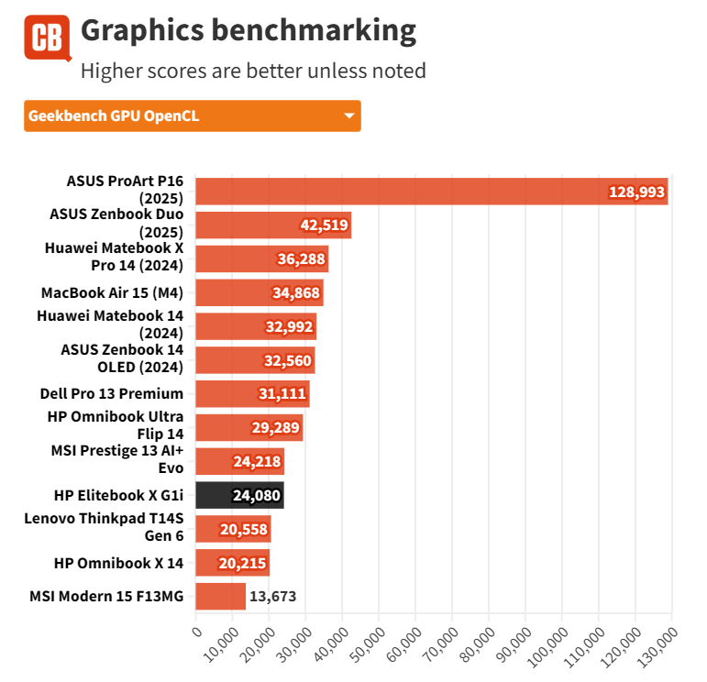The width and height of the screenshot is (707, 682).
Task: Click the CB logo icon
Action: [x=47, y=38]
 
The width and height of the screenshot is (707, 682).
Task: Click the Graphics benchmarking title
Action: [x=249, y=31]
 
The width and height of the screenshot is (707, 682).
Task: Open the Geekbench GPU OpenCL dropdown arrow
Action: [x=348, y=116]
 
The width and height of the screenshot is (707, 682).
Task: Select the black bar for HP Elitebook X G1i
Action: [x=240, y=495]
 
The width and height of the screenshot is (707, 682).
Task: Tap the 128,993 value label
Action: [x=635, y=192]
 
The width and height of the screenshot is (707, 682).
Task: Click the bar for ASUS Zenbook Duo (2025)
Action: [x=273, y=225]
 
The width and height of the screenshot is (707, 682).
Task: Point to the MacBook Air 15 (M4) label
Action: [x=113, y=293]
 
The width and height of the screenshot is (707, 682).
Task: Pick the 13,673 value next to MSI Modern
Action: [x=273, y=597]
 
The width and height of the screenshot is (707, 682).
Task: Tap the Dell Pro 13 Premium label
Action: [x=112, y=393]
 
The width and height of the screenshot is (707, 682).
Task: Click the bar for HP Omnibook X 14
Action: [x=233, y=563]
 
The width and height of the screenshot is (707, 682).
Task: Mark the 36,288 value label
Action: [x=300, y=259]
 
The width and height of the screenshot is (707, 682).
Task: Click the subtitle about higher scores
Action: [x=253, y=71]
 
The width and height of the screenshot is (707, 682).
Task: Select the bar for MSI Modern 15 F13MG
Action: [x=221, y=597]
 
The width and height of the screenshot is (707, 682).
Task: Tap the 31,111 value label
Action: [x=282, y=394]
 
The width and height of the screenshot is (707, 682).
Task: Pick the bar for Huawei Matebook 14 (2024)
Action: [x=256, y=326]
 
